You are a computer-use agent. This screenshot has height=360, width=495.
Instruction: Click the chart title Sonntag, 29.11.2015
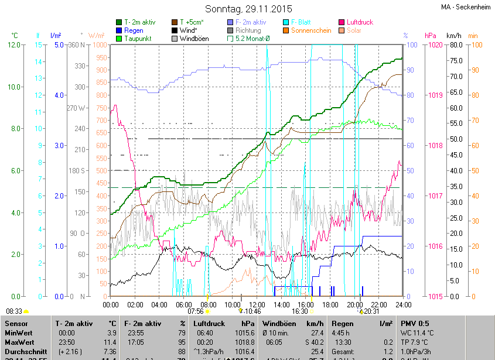pyautogui.click(x=247, y=9)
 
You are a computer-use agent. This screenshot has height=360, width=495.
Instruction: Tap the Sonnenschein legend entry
pyautogui.click(x=310, y=30)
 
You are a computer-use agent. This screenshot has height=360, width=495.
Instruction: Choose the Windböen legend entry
pyautogui.click(x=194, y=39)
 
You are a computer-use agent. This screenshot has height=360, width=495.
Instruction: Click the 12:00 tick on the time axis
pyautogui.click(x=257, y=304)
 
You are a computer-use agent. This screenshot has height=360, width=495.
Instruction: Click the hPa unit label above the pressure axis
pyautogui.click(x=430, y=36)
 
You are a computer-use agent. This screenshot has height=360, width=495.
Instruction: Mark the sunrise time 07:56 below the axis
pyautogui.click(x=195, y=311)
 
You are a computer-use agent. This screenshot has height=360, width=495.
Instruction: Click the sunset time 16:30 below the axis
pyautogui.click(x=300, y=311)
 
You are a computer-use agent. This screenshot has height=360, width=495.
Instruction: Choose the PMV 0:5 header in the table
pyautogui.click(x=415, y=323)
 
